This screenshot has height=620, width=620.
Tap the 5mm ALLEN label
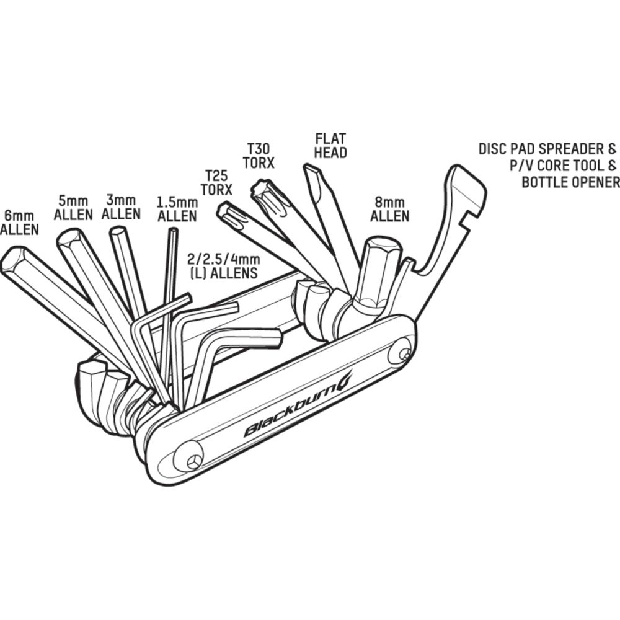(73, 208)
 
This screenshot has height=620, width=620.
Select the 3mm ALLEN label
(122, 208)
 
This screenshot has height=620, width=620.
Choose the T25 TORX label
(216, 181)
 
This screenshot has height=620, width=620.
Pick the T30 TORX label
(259, 155)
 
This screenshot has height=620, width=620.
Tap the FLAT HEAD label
(330, 145)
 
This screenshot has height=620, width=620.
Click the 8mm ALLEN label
(389, 210)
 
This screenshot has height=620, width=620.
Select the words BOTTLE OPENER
(570, 182)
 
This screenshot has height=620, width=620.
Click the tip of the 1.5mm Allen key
(174, 232)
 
